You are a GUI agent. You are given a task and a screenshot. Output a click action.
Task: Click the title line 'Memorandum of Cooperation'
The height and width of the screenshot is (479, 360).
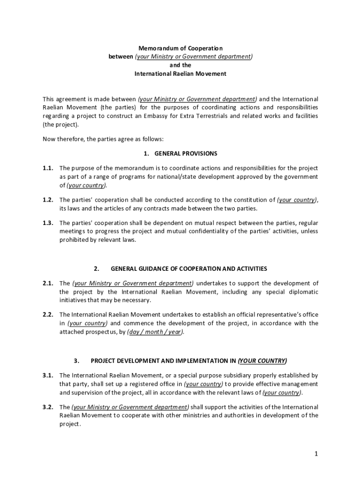click(180, 48)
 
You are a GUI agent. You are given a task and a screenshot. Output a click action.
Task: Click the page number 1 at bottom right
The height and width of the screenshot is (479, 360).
click(316, 454)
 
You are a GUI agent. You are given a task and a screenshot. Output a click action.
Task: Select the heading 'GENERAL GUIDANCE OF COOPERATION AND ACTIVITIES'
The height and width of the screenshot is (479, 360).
click(189, 269)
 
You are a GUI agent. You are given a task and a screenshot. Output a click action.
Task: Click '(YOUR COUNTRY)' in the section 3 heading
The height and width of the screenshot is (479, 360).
click(262, 361)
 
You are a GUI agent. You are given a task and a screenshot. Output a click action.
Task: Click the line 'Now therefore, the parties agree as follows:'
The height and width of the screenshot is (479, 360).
click(103, 139)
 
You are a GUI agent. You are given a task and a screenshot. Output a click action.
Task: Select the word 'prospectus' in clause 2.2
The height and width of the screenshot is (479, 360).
click(95, 332)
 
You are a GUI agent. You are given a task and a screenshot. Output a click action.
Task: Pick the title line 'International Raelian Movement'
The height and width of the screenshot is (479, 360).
click(180, 74)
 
